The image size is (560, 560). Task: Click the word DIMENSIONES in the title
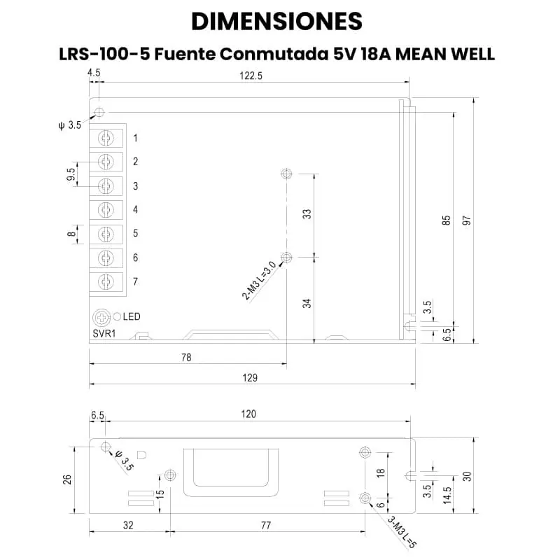pyautogui.click(x=276, y=22)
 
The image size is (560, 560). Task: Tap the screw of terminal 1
pyautogui.click(x=106, y=138)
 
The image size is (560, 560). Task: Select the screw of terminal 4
pyautogui.click(x=106, y=210)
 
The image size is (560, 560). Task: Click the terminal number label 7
pyautogui.click(x=135, y=282)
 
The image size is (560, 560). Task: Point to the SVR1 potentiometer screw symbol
pyautogui.click(x=101, y=318)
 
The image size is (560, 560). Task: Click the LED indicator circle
pyautogui.click(x=117, y=316)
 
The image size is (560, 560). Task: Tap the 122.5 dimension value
pyautogui.click(x=251, y=76)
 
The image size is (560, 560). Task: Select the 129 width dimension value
pyautogui.click(x=250, y=377)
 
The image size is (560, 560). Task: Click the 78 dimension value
pyautogui.click(x=186, y=358)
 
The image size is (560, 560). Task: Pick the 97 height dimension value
pyautogui.click(x=467, y=220)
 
